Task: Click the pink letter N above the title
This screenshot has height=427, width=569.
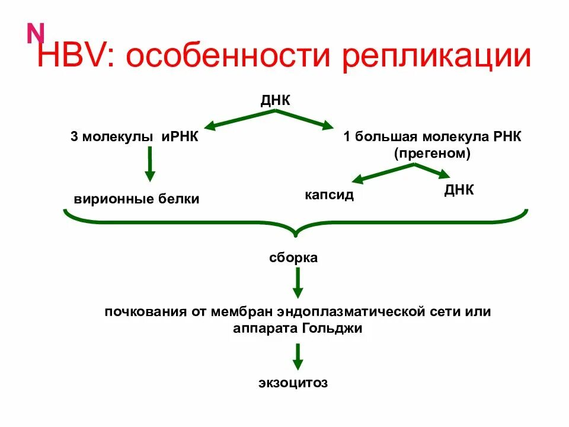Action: click(x=36, y=34)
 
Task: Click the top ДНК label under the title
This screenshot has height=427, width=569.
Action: click(x=276, y=100)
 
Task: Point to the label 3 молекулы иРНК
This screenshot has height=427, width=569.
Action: click(x=134, y=137)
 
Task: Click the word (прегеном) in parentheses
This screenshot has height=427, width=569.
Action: click(x=432, y=153)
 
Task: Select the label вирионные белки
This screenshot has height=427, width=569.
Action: click(x=137, y=199)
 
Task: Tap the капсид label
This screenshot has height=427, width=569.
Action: click(x=330, y=195)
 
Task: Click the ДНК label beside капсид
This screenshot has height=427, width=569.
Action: click(x=459, y=190)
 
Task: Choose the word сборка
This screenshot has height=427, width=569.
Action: click(x=293, y=258)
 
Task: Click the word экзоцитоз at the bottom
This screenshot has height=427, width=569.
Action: click(x=293, y=383)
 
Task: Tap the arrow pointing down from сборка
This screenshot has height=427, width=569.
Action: click(x=298, y=283)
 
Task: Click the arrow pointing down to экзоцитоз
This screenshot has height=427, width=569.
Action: click(x=298, y=356)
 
